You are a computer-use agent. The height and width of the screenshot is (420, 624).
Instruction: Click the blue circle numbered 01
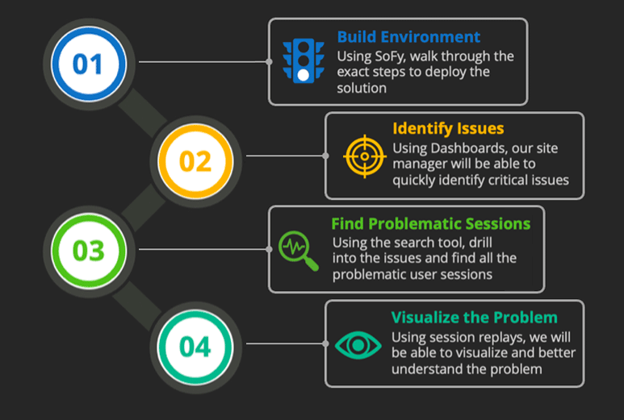click(88, 64)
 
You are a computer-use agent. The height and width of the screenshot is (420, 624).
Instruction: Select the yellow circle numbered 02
click(195, 161)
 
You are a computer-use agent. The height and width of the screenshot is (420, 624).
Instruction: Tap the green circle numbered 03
click(88, 251)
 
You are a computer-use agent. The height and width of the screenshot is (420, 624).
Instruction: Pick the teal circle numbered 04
click(195, 347)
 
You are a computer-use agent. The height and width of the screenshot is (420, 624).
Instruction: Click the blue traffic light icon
click(304, 60)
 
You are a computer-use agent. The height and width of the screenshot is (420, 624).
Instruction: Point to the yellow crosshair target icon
click(365, 156)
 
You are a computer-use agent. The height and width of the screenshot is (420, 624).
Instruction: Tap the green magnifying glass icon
click(299, 251)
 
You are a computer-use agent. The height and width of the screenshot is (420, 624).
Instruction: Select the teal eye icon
click(358, 345)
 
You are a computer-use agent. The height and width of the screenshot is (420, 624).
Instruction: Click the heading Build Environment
click(408, 37)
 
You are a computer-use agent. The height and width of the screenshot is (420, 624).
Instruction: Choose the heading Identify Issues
click(448, 129)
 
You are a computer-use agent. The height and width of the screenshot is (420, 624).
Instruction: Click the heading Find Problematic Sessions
click(430, 224)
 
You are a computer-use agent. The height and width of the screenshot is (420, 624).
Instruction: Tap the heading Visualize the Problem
click(474, 318)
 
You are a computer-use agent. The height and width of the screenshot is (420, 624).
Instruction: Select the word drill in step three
click(481, 243)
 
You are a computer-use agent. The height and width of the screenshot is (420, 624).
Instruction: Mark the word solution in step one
click(362, 88)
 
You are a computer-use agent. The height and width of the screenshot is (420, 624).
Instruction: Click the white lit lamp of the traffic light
click(304, 75)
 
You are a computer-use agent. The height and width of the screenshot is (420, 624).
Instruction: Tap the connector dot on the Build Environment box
click(269, 62)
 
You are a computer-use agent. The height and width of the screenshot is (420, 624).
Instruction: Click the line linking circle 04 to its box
click(284, 343)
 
